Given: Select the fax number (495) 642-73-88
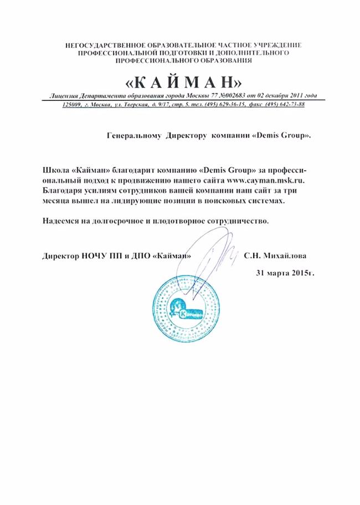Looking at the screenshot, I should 286,104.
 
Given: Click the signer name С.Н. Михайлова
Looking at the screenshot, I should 274,257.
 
